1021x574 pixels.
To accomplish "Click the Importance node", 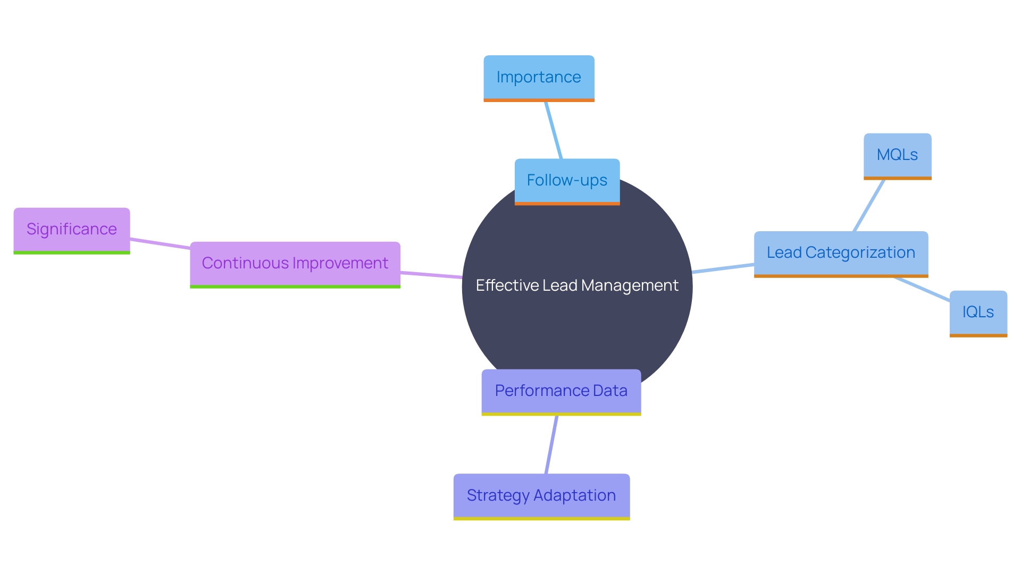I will coord(539,78).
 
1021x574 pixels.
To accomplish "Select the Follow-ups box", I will coord(567,181).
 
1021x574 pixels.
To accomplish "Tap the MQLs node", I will coord(897,155).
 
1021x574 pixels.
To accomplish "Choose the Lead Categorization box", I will coord(841,253).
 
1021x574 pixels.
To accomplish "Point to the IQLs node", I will coord(978,313).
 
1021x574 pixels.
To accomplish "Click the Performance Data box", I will coord(561,391).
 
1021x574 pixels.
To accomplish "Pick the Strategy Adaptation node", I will coord(541,496).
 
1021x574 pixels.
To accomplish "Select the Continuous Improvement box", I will coord(295,264).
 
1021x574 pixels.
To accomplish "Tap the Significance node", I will coord(72,230).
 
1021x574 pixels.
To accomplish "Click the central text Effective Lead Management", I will coord(577,286).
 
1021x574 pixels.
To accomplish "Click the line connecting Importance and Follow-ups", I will coord(554,130).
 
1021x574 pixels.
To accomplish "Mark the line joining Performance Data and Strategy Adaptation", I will coord(551,444).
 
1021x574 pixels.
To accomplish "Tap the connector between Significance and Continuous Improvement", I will coord(160,243).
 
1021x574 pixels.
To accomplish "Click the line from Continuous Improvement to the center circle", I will coord(431,275).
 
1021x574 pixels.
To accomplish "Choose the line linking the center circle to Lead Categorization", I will coord(723,268).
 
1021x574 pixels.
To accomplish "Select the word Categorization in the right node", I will coord(860,253).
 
